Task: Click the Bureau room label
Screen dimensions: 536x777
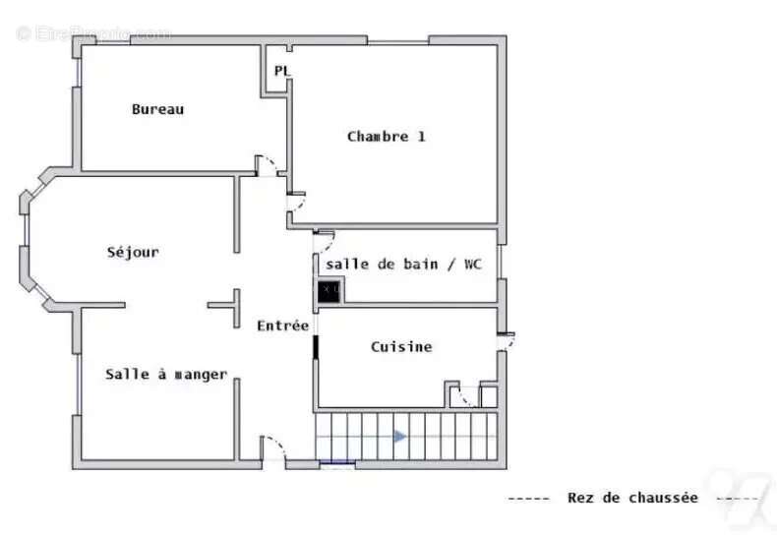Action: coord(157,109)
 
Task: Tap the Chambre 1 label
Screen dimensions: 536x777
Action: coord(386,137)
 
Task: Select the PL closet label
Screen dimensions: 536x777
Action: coord(282,71)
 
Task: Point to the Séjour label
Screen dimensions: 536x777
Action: coord(133,252)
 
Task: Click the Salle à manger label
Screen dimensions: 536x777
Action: coord(166,374)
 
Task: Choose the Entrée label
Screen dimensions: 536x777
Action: coord(283,326)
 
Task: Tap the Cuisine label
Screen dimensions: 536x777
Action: coord(401,346)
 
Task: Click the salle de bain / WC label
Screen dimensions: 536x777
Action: coord(404,264)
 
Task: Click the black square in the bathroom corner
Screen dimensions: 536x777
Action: coord(330,289)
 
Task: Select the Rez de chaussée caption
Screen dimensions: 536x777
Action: coord(632,498)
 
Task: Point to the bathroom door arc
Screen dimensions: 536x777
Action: coord(325,239)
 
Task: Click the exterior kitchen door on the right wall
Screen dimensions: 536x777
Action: coord(508,340)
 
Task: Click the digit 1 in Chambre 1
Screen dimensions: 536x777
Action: coord(421,137)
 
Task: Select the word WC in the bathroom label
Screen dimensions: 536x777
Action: coord(473,264)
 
